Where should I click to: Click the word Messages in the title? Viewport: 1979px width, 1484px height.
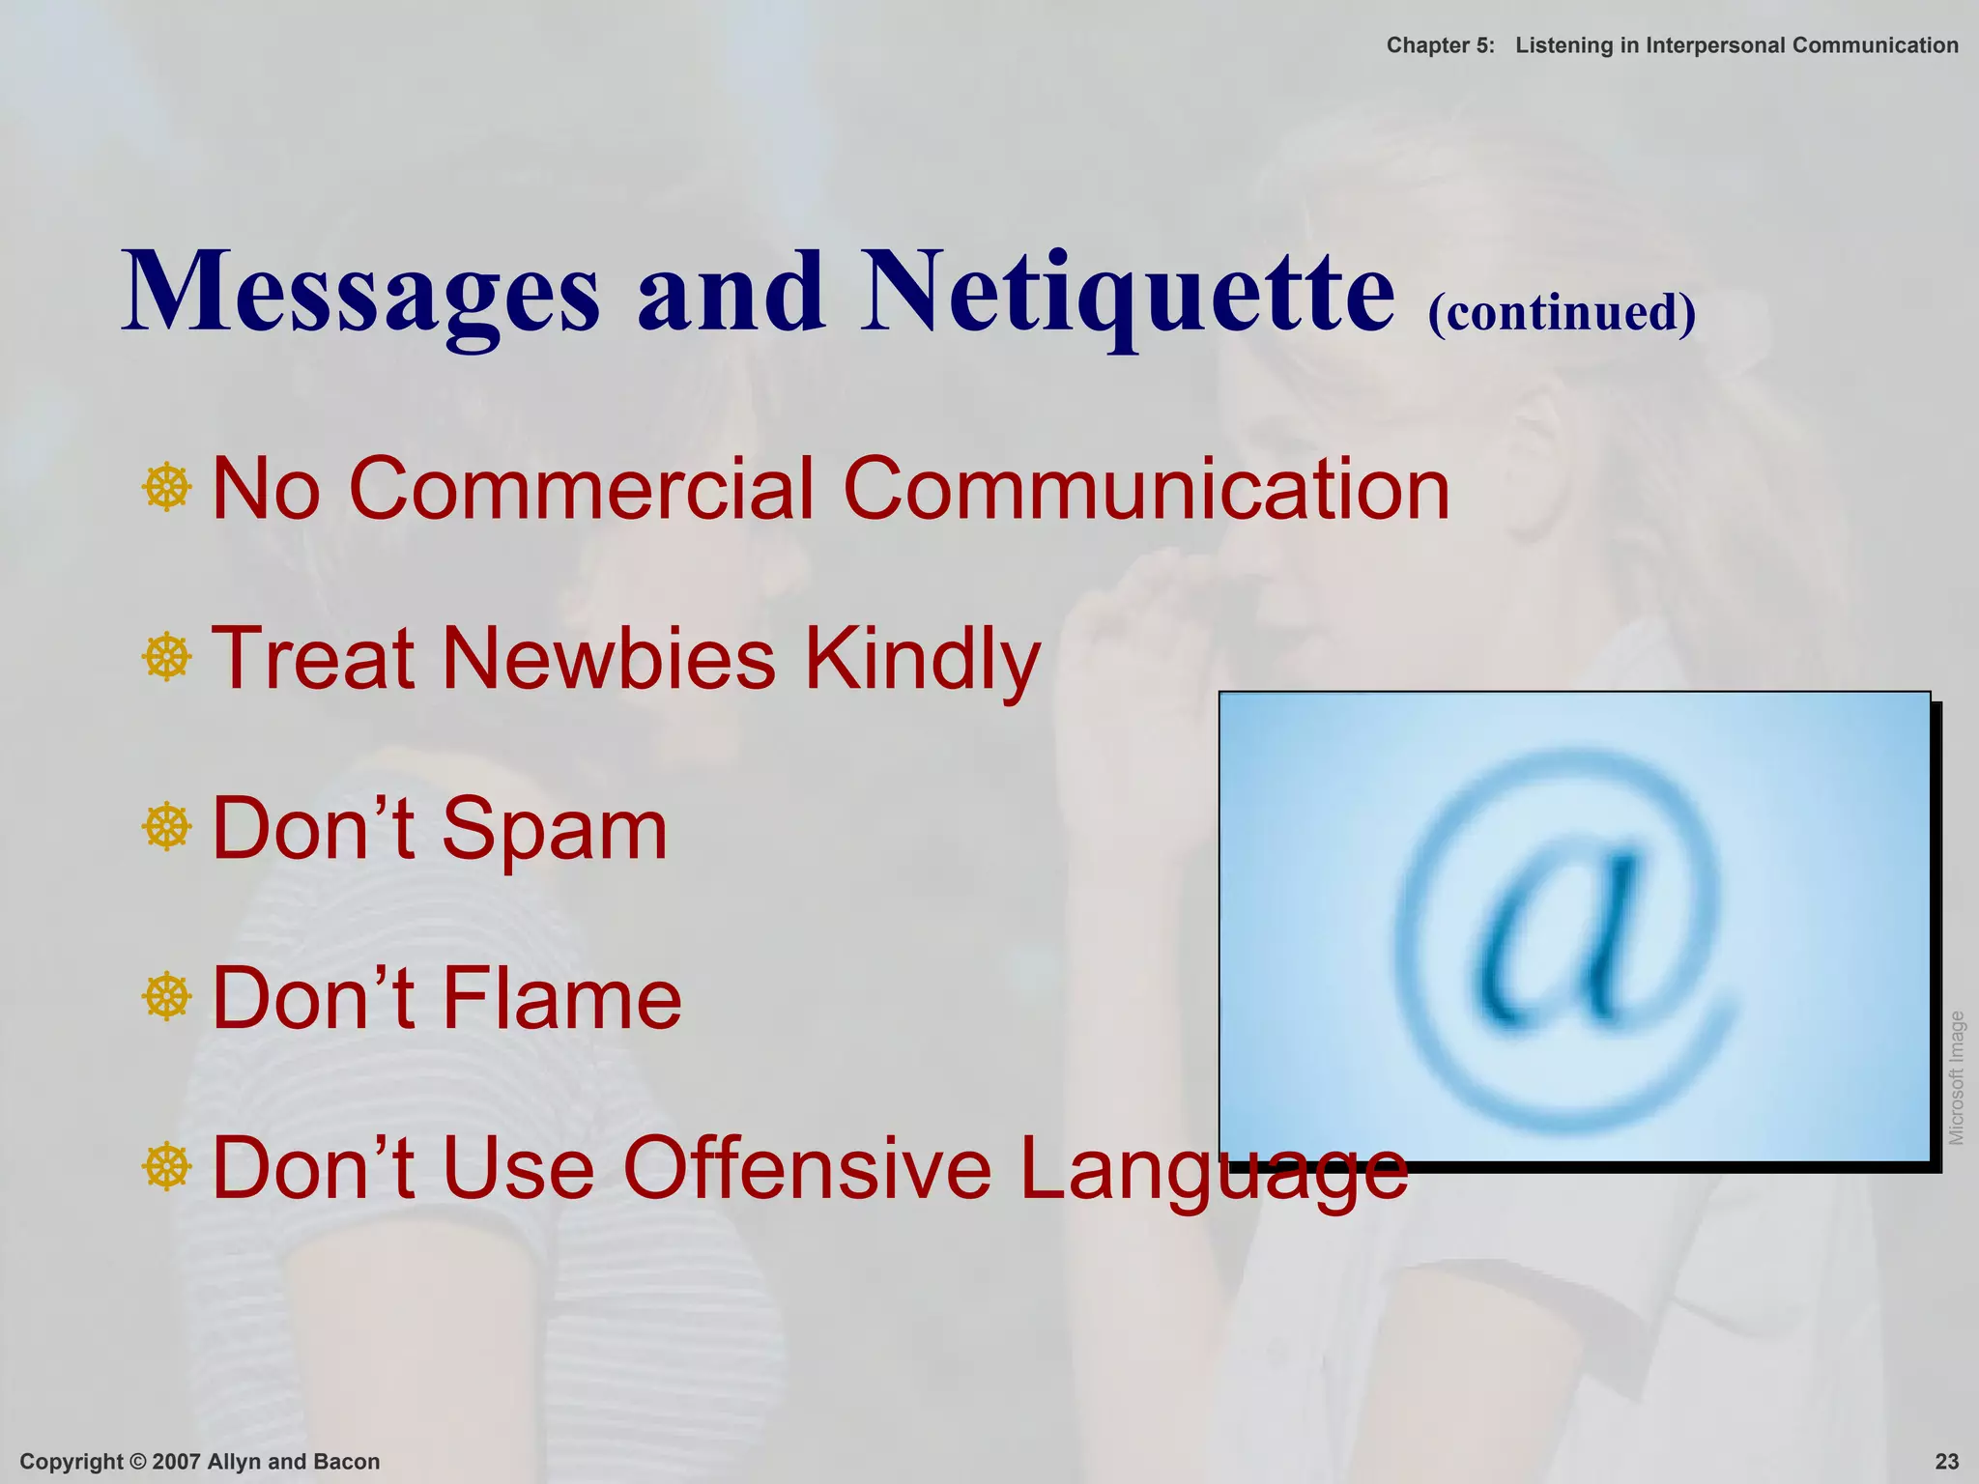click(x=360, y=293)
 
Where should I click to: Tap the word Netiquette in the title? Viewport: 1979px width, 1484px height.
click(x=1128, y=293)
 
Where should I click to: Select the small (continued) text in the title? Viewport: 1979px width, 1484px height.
click(x=1562, y=312)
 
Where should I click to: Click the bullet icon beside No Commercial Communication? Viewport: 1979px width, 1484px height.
click(x=166, y=488)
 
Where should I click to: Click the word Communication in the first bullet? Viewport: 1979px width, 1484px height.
click(x=1146, y=488)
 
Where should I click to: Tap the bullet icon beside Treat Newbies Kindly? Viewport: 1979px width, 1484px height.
click(x=166, y=658)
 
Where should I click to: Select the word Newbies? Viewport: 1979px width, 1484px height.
click(x=609, y=658)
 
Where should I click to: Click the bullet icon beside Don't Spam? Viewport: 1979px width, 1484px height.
click(x=166, y=827)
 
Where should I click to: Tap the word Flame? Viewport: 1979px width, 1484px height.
click(x=562, y=998)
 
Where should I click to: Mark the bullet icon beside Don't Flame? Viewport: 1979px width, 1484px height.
click(x=166, y=997)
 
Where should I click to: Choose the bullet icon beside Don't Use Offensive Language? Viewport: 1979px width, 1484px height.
click(x=166, y=1167)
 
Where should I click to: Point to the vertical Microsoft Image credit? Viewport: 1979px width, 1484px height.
click(x=1957, y=1077)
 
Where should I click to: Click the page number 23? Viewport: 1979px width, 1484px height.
click(x=1947, y=1462)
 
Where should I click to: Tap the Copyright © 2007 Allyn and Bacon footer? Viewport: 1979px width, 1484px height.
click(x=200, y=1462)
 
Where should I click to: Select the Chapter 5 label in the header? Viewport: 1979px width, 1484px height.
click(x=1440, y=45)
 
